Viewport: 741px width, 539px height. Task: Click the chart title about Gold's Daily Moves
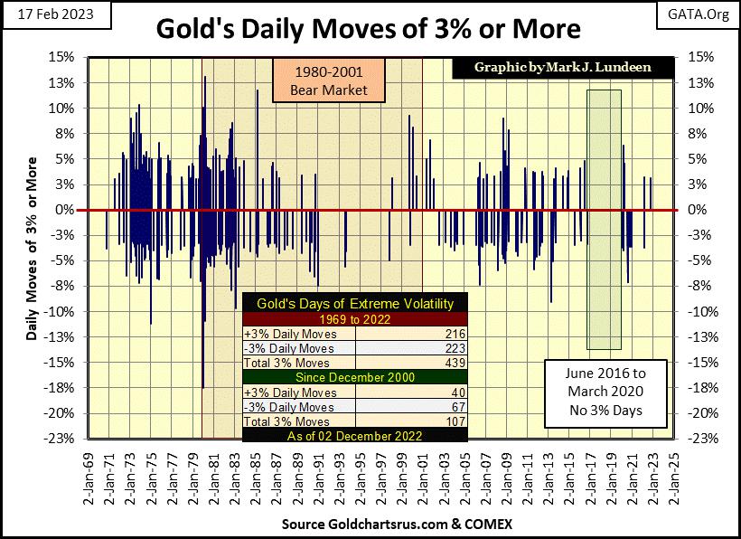tap(369, 29)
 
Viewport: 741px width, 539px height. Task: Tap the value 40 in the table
tap(455, 394)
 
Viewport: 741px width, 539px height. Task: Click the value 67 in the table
tap(455, 408)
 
